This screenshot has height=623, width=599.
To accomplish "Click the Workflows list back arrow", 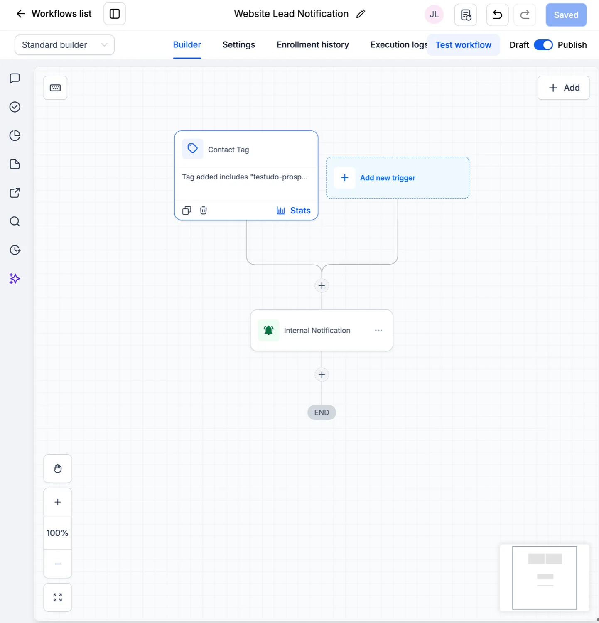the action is point(21,14).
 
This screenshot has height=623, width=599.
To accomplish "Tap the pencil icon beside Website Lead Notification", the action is point(361,14).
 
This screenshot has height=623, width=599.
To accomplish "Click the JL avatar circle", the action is point(434,15).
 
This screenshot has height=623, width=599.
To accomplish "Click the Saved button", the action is point(566,15).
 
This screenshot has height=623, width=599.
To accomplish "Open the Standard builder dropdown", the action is point(65,45).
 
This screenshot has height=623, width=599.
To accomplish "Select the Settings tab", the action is point(239,45).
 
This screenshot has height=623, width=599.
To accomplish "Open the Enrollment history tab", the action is point(313,45).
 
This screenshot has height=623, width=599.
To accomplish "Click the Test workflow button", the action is point(463,45).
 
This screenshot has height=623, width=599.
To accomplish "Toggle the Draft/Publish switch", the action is point(543,45).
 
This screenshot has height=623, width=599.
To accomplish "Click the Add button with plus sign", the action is point(564,88).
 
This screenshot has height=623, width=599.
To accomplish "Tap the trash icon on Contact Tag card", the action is point(204,211).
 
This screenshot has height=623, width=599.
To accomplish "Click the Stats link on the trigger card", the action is point(294,211).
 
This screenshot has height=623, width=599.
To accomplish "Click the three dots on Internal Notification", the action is point(378,330).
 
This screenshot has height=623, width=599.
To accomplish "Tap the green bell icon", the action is point(269,330).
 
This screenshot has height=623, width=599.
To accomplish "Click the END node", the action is point(322,412).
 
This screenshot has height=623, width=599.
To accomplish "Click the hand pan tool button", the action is point(58,468).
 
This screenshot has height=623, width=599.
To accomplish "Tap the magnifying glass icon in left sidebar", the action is point(15,221).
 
